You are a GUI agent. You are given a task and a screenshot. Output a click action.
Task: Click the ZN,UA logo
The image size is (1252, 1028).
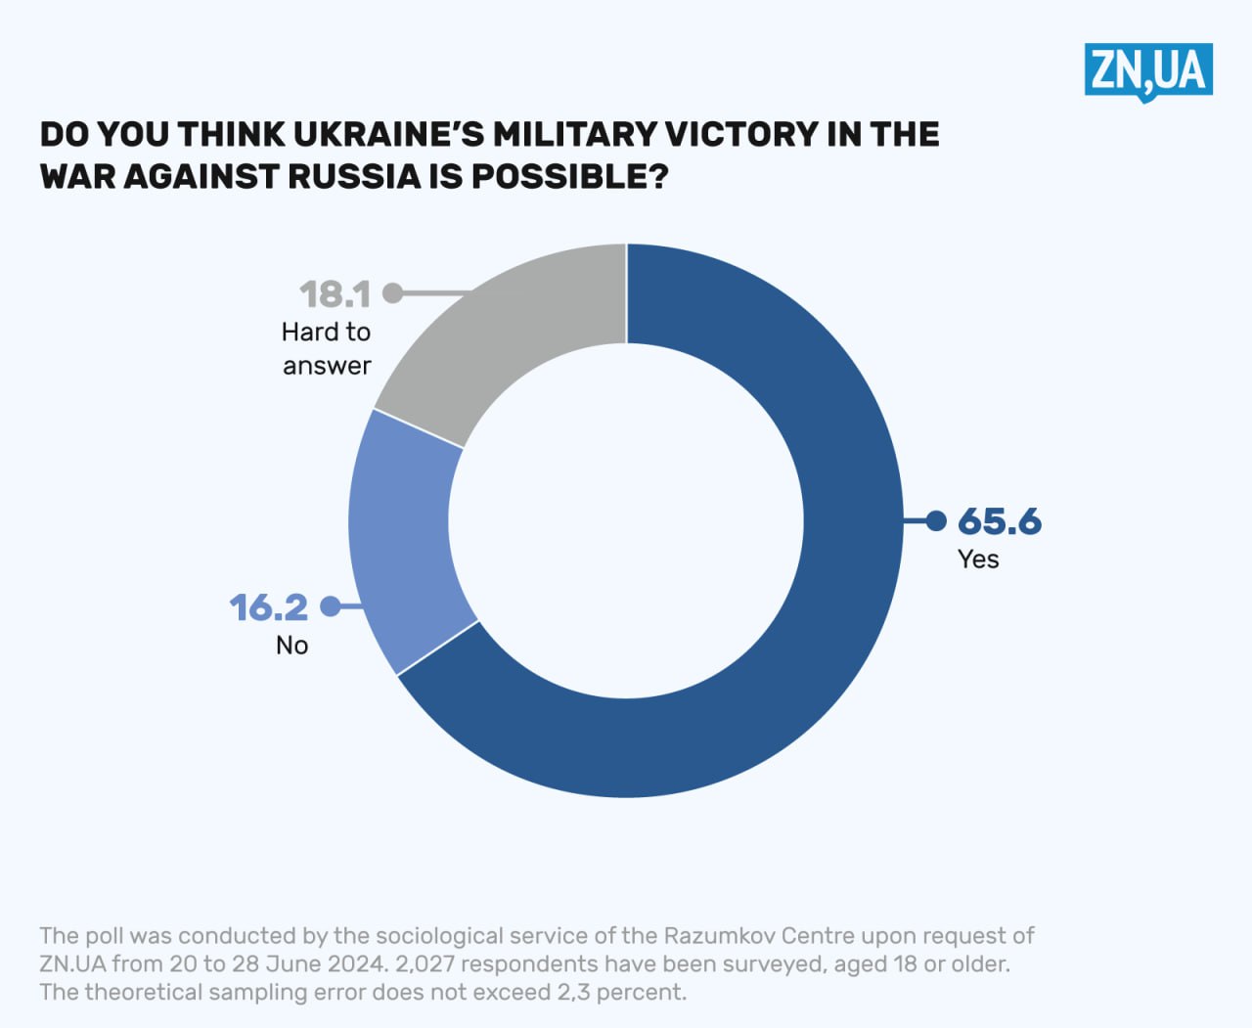1148,70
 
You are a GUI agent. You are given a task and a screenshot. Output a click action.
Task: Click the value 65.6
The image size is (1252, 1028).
1000,521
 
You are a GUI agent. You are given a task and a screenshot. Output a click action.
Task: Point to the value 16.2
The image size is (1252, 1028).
269,607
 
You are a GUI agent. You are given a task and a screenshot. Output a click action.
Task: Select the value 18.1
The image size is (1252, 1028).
335,293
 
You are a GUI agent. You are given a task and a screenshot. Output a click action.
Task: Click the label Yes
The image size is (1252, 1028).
978,559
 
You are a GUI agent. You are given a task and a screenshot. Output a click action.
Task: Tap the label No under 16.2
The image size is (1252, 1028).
291,645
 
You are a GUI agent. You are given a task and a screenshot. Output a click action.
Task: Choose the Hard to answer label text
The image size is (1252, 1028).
327,348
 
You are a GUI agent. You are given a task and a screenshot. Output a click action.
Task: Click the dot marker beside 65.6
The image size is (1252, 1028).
936,520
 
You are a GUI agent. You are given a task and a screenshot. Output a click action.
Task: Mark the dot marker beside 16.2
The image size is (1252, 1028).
331,606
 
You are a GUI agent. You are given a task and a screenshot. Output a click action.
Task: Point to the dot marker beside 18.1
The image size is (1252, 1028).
392,292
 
